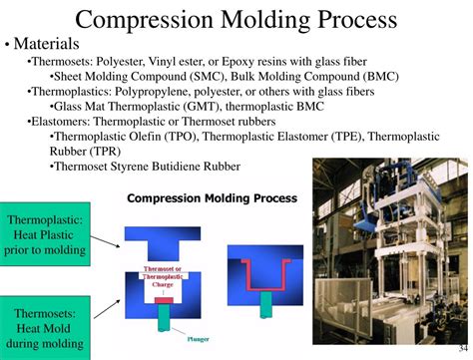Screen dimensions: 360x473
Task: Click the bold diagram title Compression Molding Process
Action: [x=212, y=197]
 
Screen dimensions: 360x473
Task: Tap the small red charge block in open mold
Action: [x=164, y=298]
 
